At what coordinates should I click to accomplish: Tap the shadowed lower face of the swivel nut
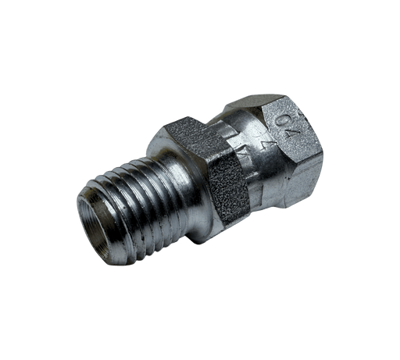289,187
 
